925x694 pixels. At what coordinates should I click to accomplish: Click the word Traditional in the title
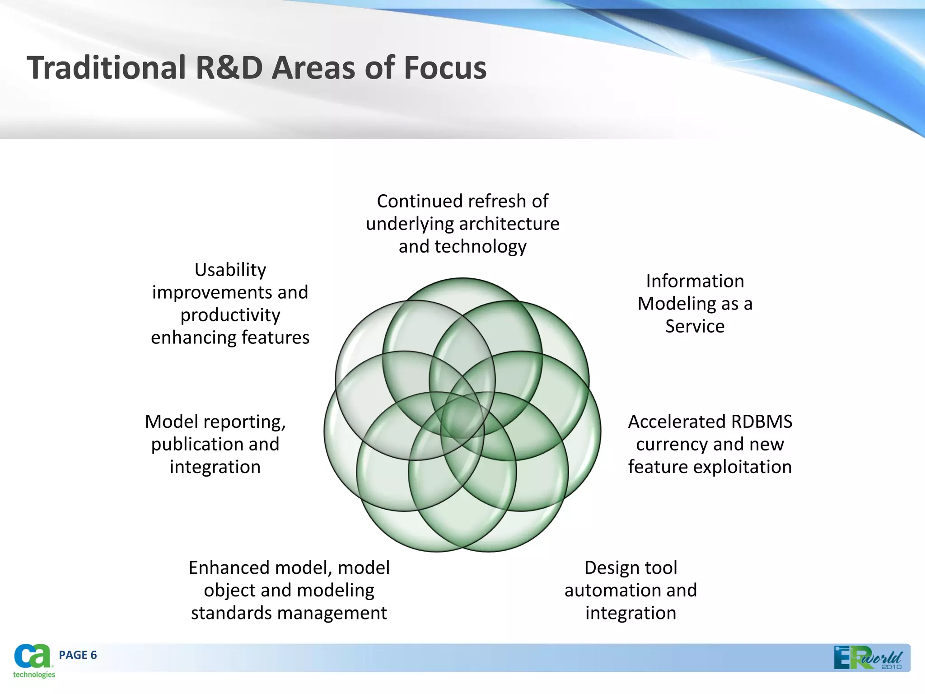point(106,68)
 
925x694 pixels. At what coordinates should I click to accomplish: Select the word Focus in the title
point(444,68)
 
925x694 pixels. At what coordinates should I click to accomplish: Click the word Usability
point(230,270)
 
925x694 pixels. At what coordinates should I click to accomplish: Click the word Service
point(695,326)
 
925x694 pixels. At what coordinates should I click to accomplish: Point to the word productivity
point(230,315)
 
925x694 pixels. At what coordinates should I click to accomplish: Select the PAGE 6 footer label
point(78,655)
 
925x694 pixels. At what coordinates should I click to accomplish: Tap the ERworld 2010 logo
point(868,658)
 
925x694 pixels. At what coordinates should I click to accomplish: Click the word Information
point(695,281)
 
